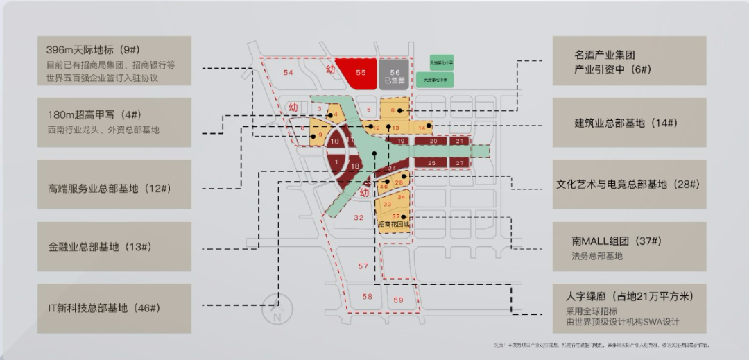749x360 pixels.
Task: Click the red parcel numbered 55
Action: click(x=361, y=72)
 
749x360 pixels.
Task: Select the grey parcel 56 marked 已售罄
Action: click(x=395, y=74)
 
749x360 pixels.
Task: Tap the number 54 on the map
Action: click(x=289, y=73)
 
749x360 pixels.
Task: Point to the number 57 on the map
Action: click(x=363, y=266)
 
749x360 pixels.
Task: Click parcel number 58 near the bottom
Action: click(x=367, y=297)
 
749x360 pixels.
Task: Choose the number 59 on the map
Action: click(x=398, y=300)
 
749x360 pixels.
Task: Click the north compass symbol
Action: click(x=277, y=310)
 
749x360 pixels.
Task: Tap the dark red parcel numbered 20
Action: click(x=433, y=141)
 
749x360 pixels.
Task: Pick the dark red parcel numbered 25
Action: click(x=432, y=162)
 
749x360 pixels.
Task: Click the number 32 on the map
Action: click(x=358, y=217)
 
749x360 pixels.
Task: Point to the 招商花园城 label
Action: click(x=393, y=224)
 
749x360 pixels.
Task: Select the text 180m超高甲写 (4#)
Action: click(x=94, y=114)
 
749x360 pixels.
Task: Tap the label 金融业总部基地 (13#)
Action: click(x=100, y=247)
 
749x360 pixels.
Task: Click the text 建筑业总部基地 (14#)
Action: click(x=626, y=123)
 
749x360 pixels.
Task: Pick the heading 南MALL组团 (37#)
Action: click(x=617, y=241)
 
